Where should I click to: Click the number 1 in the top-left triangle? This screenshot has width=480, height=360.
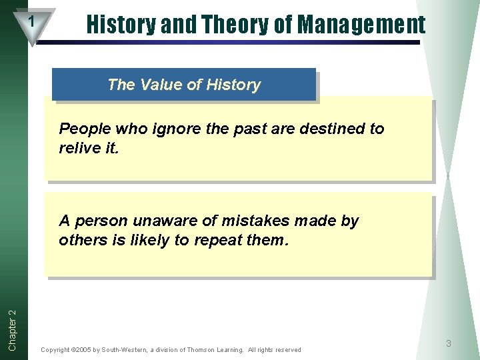tap(31, 22)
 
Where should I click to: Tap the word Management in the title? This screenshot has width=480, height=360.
tap(361, 25)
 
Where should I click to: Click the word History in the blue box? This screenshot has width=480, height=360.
tap(233, 85)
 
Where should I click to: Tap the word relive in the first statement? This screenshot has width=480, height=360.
tap(81, 147)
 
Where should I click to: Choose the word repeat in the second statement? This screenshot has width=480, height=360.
tap(218, 240)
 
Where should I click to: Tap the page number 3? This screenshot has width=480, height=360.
tap(449, 343)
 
